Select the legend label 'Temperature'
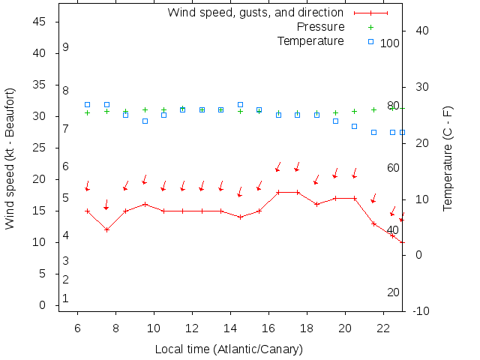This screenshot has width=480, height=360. tap(310, 40)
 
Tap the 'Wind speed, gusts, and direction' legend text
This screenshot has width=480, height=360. tap(256, 13)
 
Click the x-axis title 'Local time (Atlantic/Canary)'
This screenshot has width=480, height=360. tap(228, 349)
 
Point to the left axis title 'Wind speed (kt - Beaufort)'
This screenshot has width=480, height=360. tap(10, 157)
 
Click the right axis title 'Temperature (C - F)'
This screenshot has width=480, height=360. tap(448, 157)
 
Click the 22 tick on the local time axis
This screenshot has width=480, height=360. tap(383, 328)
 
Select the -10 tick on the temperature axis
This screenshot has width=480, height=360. tap(421, 311)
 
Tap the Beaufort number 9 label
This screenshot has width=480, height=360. tap(66, 47)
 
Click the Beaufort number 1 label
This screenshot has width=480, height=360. tap(66, 298)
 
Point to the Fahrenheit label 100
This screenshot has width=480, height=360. tap(390, 43)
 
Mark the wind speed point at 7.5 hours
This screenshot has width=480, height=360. tap(106, 229)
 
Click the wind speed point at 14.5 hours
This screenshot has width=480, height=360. tap(240, 217)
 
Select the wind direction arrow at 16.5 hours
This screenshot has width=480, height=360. tap(277, 166)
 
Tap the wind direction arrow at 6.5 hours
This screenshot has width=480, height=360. tap(87, 185)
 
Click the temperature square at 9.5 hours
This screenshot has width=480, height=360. tap(145, 121)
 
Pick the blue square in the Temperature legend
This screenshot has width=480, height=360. tap(370, 40)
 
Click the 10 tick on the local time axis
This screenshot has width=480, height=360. tap(154, 328)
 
